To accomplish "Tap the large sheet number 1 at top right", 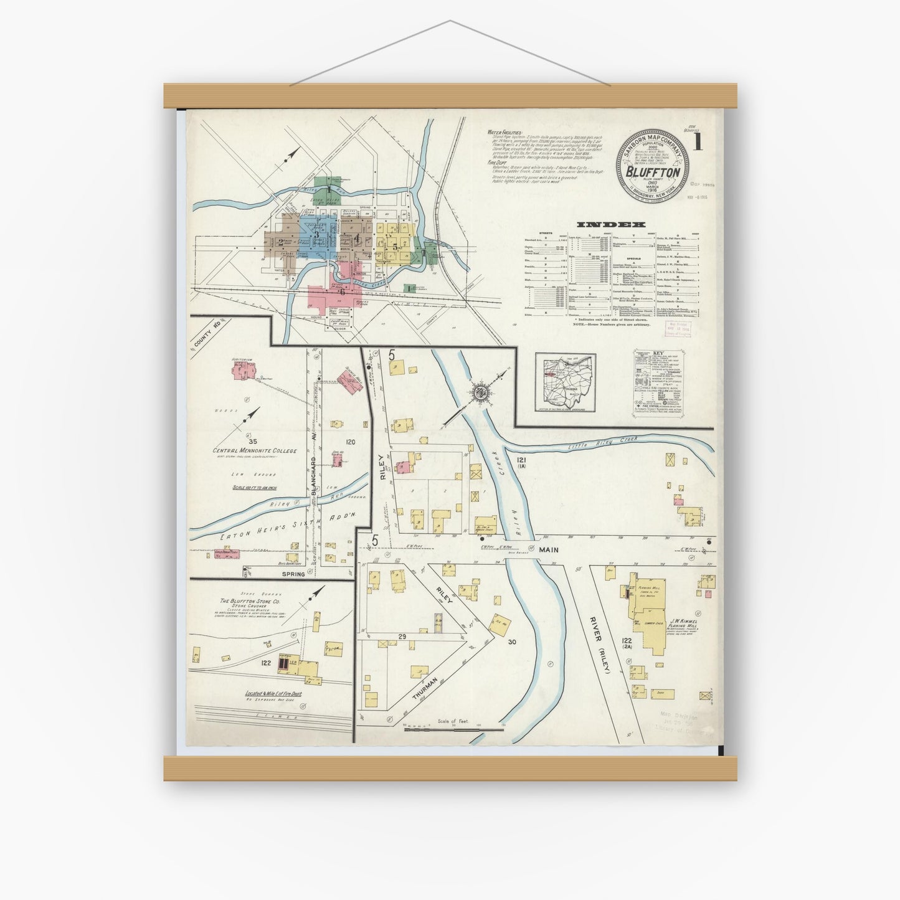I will tap(699, 143).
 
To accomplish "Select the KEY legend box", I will tap(660, 381).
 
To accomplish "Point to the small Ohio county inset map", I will tap(566, 382).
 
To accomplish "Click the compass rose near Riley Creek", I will tap(480, 393).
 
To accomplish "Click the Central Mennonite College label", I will tap(254, 450).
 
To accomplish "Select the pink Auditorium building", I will tap(242, 372).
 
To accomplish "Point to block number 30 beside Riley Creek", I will tap(513, 641).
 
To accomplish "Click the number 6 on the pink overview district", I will tap(342, 291).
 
